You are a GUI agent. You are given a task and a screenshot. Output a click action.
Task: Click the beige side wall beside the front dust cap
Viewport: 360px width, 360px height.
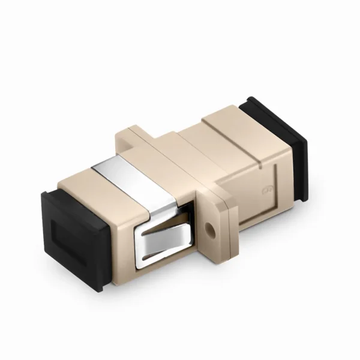pyautogui.click(x=120, y=246)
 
